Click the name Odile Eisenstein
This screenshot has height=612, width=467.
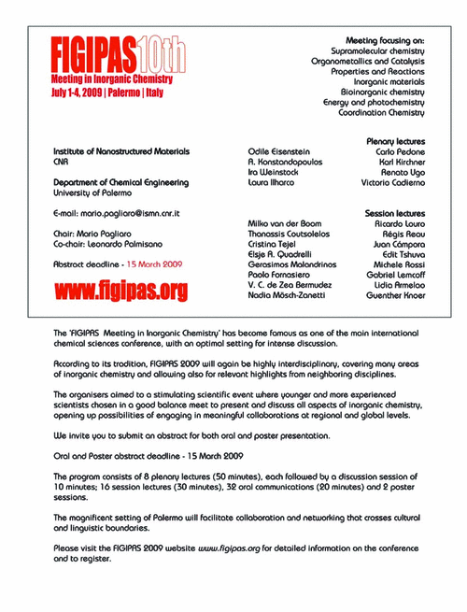point(277,150)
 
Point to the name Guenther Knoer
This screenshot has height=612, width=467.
point(393,296)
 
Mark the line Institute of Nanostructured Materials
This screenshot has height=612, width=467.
point(121,150)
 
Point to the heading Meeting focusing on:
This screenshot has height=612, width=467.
point(385,41)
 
